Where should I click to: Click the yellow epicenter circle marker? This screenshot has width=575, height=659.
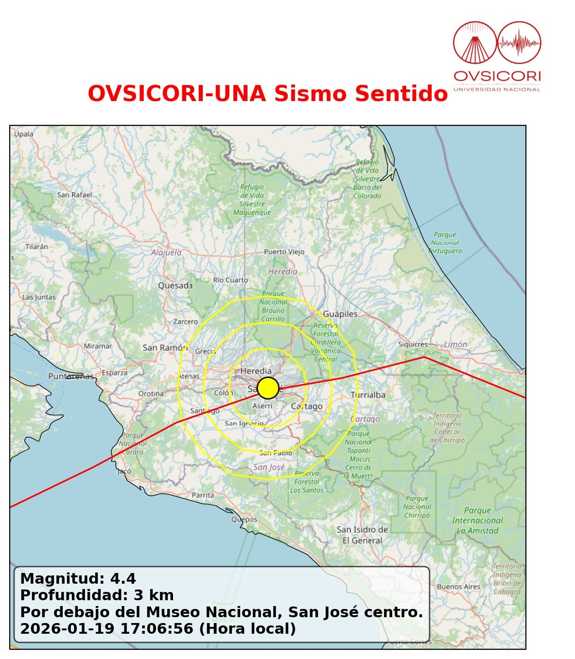pyautogui.click(x=268, y=388)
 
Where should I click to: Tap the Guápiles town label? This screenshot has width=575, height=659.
pyautogui.click(x=340, y=314)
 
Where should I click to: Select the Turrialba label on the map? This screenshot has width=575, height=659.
pyautogui.click(x=368, y=395)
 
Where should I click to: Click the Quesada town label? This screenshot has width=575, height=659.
pyautogui.click(x=175, y=286)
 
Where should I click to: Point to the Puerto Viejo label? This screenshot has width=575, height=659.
pyautogui.click(x=284, y=252)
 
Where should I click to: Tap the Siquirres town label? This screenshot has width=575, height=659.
pyautogui.click(x=413, y=344)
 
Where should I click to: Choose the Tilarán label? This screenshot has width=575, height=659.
pyautogui.click(x=36, y=246)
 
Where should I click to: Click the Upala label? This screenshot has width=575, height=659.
pyautogui.click(x=24, y=134)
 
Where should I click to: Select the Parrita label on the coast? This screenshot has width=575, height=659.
pyautogui.click(x=203, y=495)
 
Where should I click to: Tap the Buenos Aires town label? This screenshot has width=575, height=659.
pyautogui.click(x=458, y=587)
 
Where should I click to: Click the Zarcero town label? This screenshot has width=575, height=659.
pyautogui.click(x=186, y=321)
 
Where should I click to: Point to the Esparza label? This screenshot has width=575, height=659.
pyautogui.click(x=115, y=373)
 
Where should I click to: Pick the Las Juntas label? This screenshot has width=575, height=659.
pyautogui.click(x=39, y=297)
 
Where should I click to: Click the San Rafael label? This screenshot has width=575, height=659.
pyautogui.click(x=74, y=195)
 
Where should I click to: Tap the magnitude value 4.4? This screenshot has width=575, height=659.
pyautogui.click(x=123, y=578)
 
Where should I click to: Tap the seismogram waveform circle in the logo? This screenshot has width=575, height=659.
pyautogui.click(x=520, y=43)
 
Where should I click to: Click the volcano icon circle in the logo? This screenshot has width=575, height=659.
pyautogui.click(x=474, y=43)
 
